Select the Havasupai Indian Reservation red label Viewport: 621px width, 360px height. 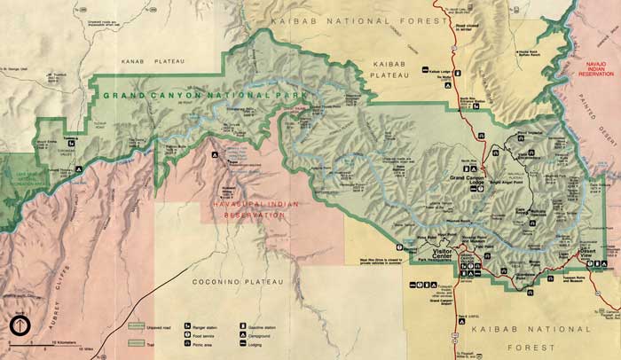tap(251, 209)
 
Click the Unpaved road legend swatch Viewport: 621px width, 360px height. tap(134, 328)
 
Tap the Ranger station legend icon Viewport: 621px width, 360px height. tap(188, 326)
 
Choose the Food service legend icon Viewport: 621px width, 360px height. tap(188, 335)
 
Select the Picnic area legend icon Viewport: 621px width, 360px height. tap(188, 344)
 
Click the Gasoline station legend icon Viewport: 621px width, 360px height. tap(241, 326)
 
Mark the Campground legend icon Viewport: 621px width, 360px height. tap(241, 335)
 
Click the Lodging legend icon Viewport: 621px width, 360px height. tap(241, 344)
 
